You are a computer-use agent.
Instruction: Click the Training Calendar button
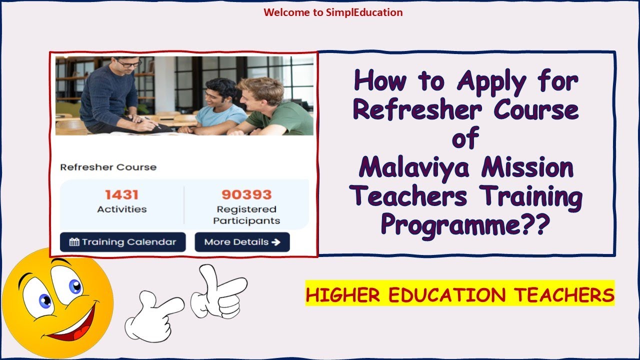pos(122,242)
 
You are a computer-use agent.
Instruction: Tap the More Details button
pos(242,242)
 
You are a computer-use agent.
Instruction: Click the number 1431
pos(121,194)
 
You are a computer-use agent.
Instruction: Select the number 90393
pos(246,194)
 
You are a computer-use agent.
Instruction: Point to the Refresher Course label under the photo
pos(108,167)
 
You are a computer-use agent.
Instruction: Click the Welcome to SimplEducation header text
pos(333,12)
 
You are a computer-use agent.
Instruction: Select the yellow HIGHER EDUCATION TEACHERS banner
pos(460,294)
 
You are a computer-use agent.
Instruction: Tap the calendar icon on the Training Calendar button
pos(74,242)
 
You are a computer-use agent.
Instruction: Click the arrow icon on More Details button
pos(275,242)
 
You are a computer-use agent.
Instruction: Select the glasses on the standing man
pos(128,63)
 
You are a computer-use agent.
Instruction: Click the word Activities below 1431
pos(121,209)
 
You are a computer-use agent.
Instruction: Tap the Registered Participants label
pos(246,215)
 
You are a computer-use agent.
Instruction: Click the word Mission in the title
pos(527,168)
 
